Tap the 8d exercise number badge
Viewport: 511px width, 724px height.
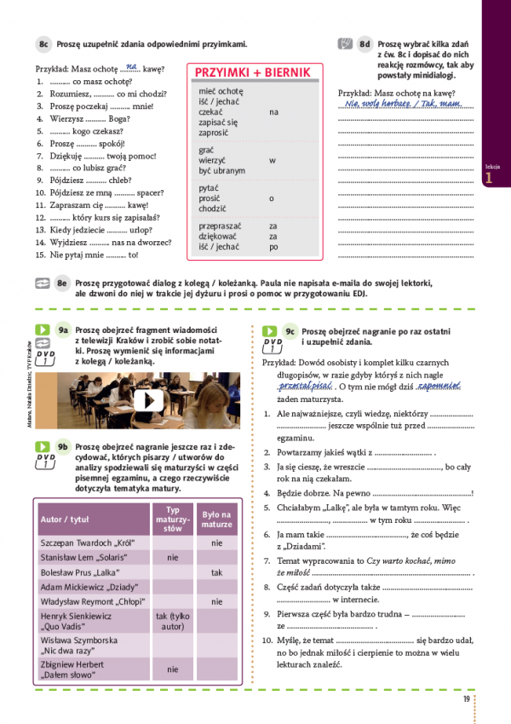click(365, 43)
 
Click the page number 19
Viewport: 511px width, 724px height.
click(467, 699)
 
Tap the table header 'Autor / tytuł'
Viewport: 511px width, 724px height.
click(64, 519)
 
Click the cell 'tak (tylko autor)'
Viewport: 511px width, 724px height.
click(173, 621)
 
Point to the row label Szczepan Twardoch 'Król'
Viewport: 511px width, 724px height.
click(83, 542)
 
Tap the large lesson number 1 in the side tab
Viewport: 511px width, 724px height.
click(488, 179)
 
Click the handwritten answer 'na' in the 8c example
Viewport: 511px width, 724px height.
click(130, 66)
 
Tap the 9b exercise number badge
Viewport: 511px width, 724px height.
click(62, 445)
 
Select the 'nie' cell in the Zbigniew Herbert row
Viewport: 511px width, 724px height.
click(173, 669)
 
